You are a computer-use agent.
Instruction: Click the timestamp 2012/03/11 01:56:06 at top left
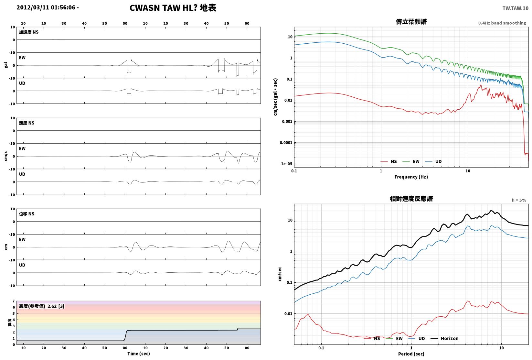pos(46,7)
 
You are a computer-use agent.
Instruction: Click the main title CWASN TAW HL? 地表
pos(173,8)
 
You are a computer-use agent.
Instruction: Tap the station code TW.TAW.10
pos(515,8)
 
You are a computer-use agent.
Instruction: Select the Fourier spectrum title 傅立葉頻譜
pos(411,22)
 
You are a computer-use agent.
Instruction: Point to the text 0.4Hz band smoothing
pos(502,23)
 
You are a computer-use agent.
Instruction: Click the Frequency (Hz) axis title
pos(411,177)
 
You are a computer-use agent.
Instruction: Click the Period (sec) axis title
pos(411,354)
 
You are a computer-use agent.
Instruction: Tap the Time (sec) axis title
pos(139,354)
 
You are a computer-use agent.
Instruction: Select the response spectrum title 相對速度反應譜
pos(411,199)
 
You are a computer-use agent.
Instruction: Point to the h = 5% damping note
pos(519,200)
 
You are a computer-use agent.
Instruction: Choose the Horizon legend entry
pos(445,338)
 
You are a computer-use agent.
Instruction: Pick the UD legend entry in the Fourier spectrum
pos(433,162)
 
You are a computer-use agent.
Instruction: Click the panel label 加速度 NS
pos(29,32)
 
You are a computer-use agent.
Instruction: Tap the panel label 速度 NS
pos(27,123)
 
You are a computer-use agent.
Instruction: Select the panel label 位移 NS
pos(27,214)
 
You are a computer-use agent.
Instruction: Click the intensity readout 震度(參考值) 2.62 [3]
pos(42,306)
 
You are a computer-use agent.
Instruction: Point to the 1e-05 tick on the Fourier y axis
pos(286,164)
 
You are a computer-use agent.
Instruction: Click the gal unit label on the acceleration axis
pos(6,65)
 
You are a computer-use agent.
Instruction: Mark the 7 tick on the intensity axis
pos(14,301)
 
